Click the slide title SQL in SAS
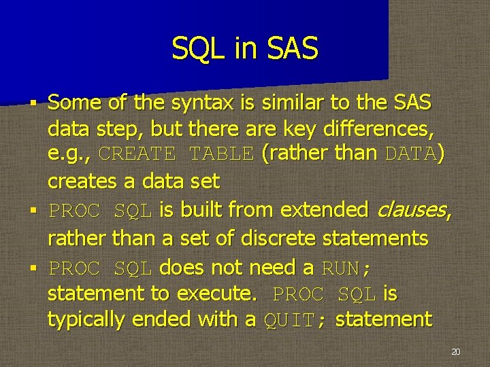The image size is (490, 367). [x=244, y=49]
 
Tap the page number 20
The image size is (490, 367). [x=455, y=352]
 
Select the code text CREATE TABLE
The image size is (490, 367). [x=176, y=154]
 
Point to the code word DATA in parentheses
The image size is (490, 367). [x=410, y=154]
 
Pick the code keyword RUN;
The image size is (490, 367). [x=346, y=268]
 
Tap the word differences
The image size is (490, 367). [x=380, y=129]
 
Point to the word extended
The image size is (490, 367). [x=321, y=210]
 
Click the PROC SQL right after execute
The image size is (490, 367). [x=324, y=294]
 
